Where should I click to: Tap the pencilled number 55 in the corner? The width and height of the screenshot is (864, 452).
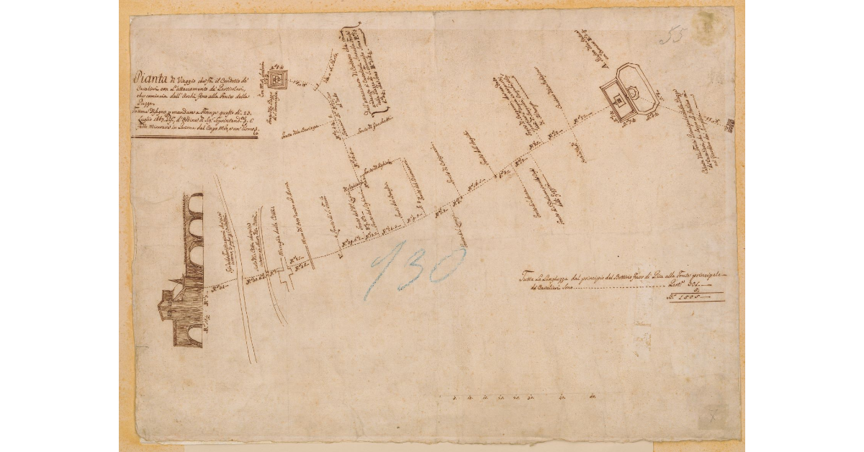pyautogui.click(x=672, y=35)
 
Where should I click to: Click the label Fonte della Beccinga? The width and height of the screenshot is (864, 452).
pyautogui.click(x=318, y=129)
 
